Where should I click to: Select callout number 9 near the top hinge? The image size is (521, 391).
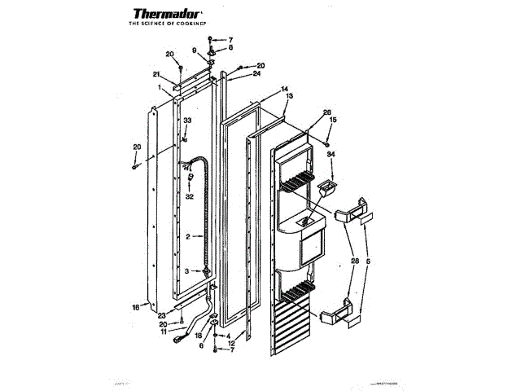tap(195, 51)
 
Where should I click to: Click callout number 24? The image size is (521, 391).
tap(256, 73)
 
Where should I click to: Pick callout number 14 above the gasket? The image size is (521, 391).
tap(285, 88)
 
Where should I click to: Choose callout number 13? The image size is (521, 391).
tap(289, 95)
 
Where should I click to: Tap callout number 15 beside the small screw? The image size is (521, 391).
tap(332, 121)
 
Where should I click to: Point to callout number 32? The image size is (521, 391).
tap(188, 196)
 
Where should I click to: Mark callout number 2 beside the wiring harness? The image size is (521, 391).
tap(187, 237)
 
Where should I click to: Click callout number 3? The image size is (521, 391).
tap(187, 270)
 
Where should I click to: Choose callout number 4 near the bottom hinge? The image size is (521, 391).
tap(228, 336)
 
